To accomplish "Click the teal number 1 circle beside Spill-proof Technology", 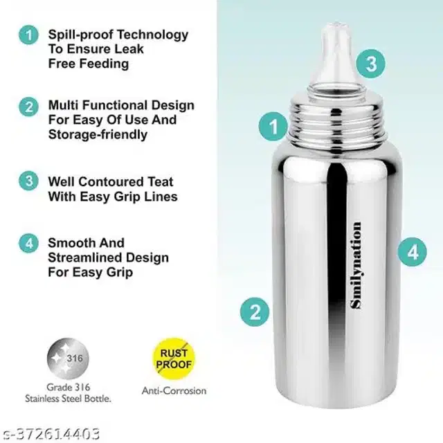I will point(28,34).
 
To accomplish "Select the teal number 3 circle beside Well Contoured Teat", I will point(28,182).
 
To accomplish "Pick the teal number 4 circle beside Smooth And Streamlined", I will point(28,244).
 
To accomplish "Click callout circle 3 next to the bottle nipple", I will point(371,64).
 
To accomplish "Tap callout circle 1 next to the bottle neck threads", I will point(273,127).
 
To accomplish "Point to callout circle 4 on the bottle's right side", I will point(413,251).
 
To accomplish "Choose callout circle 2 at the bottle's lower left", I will point(255,311).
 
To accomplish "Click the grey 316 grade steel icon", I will point(68,358).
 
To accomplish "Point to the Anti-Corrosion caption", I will point(174,391).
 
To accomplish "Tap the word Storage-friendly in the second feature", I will point(97,134).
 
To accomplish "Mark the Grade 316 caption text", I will point(67,387).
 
